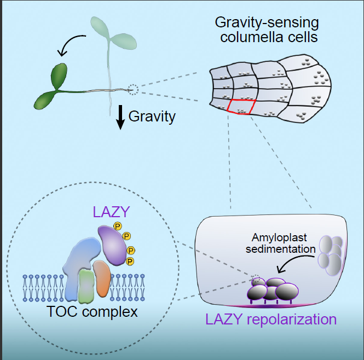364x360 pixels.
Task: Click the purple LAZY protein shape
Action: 112,243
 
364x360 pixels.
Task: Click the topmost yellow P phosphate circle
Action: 117,226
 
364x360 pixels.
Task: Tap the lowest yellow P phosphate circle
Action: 130,262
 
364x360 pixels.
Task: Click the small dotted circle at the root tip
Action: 132,89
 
